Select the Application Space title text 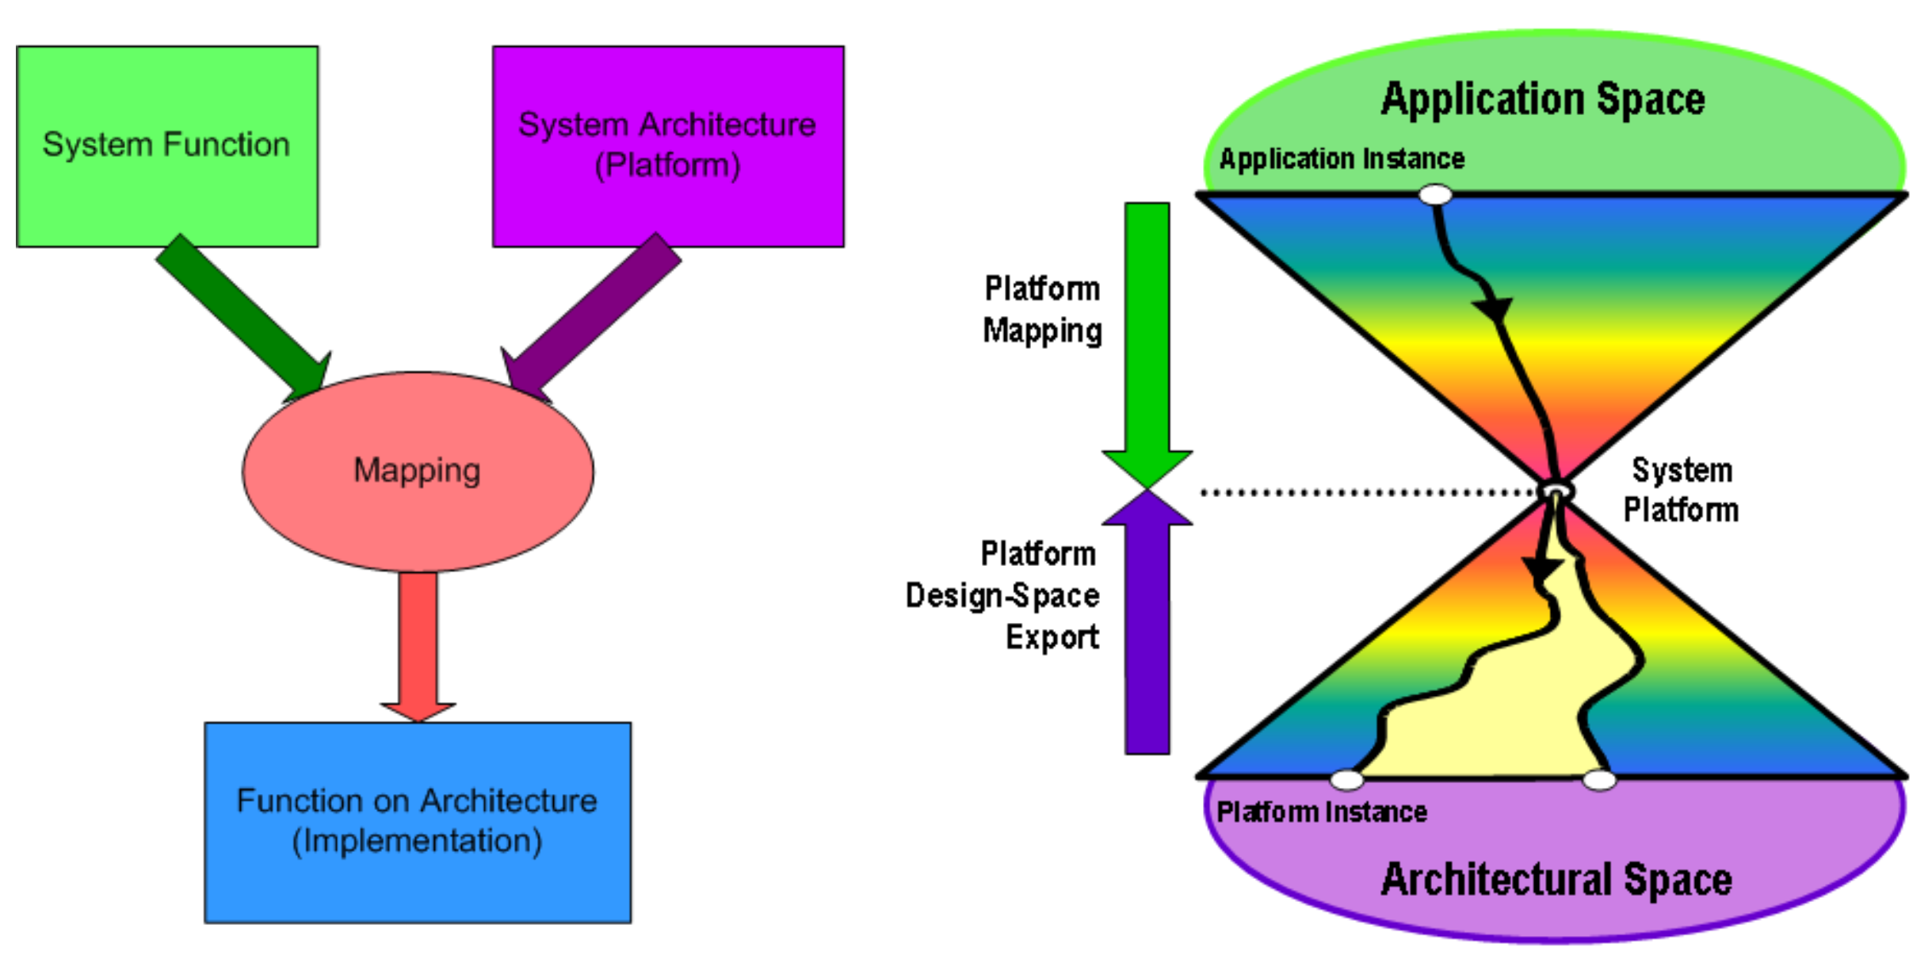pos(1542,99)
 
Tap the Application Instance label pos(1341,159)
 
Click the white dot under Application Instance pos(1435,194)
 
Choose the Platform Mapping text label pos(1041,310)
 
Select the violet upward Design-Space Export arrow pos(1147,634)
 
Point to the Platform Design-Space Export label pos(1022,595)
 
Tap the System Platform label pos(1681,490)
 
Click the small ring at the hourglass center pos(1555,491)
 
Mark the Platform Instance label pos(1321,812)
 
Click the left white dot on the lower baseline pos(1346,780)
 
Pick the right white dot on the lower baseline pos(1598,780)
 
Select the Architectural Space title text pos(1556,880)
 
